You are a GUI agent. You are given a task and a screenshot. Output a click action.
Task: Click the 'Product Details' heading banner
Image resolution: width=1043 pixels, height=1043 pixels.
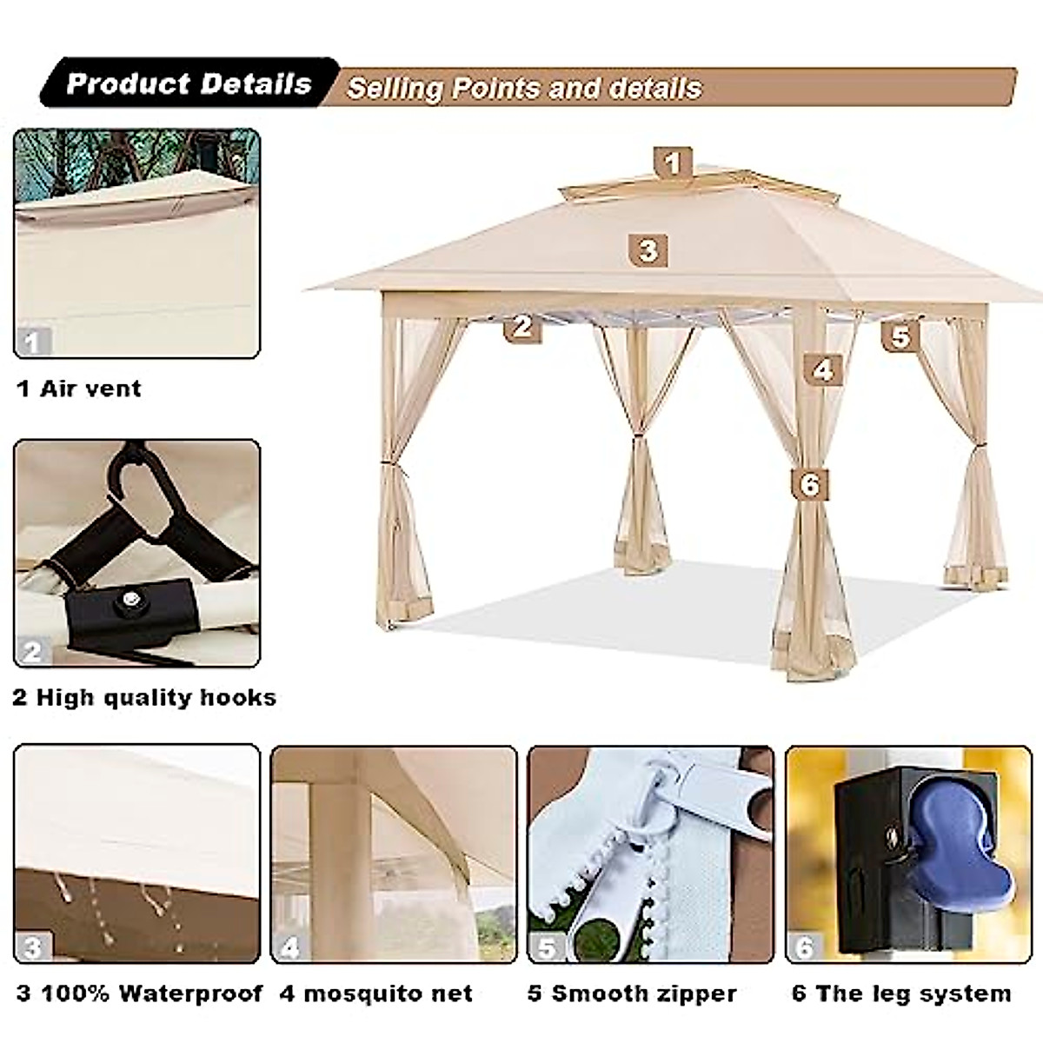coord(189,83)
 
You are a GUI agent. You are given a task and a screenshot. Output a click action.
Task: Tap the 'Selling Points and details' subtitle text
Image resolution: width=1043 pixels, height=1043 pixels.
coord(524,88)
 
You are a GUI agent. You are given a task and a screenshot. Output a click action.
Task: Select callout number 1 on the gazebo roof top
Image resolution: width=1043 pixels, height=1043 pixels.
coord(672,163)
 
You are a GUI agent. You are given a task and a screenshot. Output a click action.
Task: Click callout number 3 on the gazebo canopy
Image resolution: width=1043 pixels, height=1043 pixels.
coord(648,250)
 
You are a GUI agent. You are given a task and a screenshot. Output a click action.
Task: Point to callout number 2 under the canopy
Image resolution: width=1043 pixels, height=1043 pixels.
coord(521,326)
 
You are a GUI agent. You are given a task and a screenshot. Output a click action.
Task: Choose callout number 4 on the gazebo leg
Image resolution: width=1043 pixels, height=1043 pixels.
coord(822,370)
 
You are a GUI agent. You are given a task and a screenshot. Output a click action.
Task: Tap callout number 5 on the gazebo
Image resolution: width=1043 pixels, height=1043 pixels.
coord(900,335)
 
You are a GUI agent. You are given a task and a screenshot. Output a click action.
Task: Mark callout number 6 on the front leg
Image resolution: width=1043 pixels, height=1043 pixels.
coord(809,484)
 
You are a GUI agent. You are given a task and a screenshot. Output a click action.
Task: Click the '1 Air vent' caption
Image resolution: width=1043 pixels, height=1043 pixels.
coord(79,388)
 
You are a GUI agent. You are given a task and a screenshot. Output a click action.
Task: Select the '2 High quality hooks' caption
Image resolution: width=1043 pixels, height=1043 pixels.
coord(144,697)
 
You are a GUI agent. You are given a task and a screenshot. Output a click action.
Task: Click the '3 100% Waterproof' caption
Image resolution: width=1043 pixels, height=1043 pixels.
coord(139,993)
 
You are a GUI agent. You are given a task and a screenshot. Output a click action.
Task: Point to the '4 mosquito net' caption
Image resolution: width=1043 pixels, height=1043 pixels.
coord(375,993)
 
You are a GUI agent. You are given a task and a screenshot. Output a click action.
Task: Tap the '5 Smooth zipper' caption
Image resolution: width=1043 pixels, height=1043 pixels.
coord(632,993)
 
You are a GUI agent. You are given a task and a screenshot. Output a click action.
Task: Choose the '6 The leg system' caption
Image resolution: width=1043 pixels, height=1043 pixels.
coord(901,993)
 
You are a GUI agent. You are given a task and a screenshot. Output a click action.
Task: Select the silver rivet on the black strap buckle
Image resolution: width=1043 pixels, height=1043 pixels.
coord(131,599)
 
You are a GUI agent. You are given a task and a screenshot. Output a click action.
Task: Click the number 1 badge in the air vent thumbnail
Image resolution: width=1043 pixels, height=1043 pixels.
coord(32,342)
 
